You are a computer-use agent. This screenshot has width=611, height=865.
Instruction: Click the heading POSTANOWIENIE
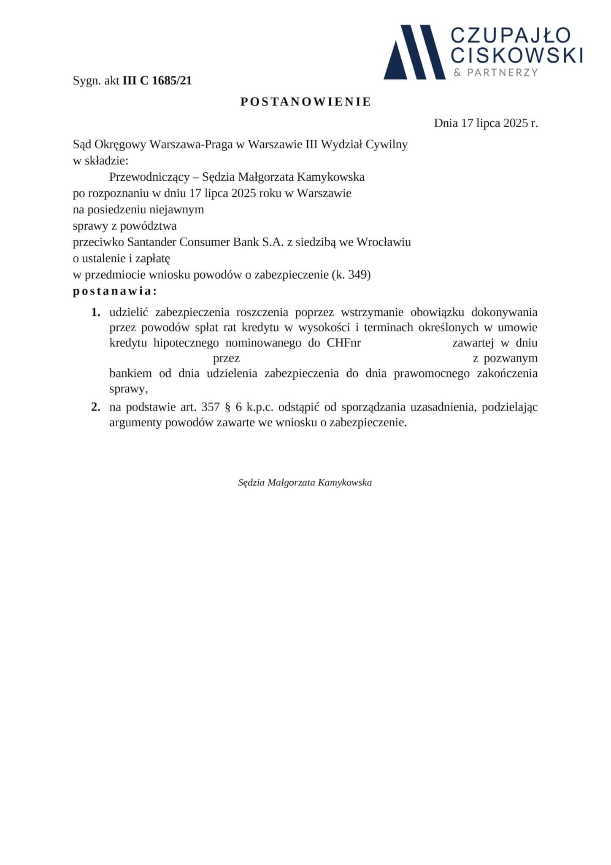click(305, 102)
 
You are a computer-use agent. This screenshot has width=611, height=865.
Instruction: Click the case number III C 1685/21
click(157, 81)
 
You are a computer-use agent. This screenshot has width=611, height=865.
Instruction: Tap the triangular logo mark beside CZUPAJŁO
click(414, 53)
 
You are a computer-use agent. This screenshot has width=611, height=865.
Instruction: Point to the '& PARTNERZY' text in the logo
click(496, 73)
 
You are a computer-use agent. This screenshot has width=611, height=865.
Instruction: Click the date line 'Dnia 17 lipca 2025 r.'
click(486, 123)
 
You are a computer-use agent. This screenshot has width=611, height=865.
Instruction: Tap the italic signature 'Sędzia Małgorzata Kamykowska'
click(305, 482)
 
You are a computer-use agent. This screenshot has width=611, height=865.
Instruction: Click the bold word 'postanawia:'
click(115, 291)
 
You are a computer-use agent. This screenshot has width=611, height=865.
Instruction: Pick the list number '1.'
click(96, 313)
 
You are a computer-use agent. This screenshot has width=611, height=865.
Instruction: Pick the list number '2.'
click(96, 408)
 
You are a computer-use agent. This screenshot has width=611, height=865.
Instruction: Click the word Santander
click(151, 242)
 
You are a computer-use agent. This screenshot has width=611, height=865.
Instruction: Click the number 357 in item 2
click(211, 408)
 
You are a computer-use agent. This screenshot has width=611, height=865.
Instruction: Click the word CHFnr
click(343, 343)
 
